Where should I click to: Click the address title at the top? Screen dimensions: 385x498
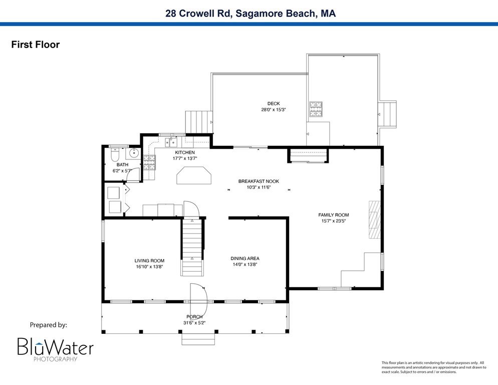pyautogui.click(x=251, y=14)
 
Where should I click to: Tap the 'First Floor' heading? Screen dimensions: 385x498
pyautogui.click(x=36, y=45)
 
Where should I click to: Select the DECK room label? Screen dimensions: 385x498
pyautogui.click(x=274, y=103)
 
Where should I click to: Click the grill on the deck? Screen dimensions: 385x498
pyautogui.click(x=316, y=109)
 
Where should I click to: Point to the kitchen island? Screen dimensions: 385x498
pyautogui.click(x=193, y=176)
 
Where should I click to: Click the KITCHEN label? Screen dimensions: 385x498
pyautogui.click(x=184, y=152)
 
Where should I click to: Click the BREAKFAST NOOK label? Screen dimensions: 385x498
pyautogui.click(x=259, y=181)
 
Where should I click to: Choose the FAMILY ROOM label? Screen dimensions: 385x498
pyautogui.click(x=333, y=215)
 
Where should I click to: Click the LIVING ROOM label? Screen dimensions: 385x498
pyautogui.click(x=149, y=261)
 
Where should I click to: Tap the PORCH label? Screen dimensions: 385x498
pyautogui.click(x=194, y=316)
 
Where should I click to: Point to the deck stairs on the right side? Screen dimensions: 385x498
pyautogui.click(x=389, y=114)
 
